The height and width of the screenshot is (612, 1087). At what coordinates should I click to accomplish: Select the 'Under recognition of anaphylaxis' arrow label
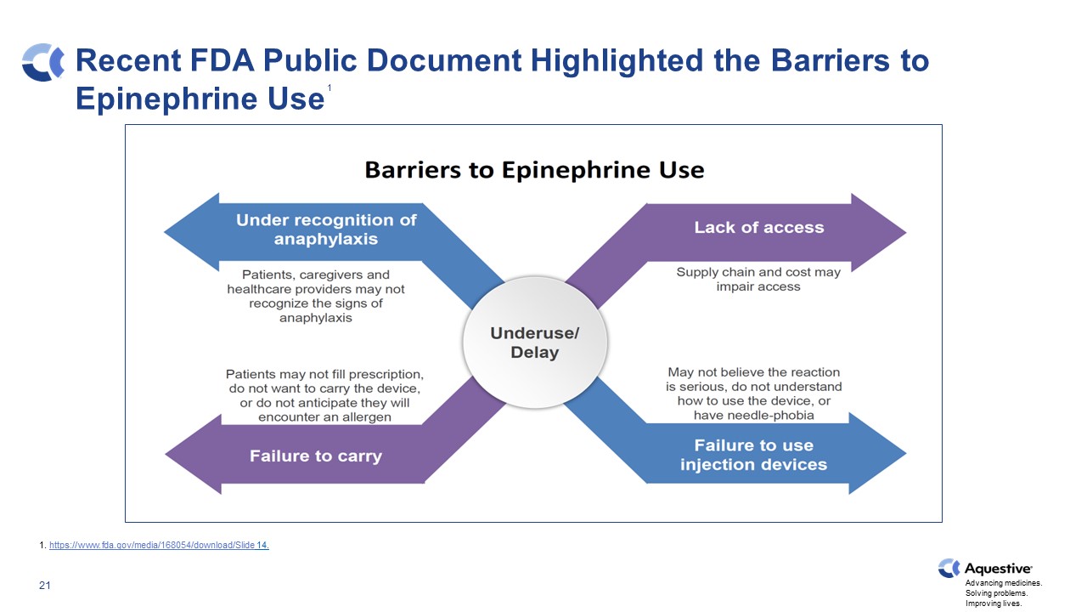point(326,229)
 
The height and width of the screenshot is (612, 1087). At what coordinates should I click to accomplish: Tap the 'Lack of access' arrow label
point(758,228)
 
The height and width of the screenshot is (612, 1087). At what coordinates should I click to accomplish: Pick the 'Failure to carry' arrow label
point(315,456)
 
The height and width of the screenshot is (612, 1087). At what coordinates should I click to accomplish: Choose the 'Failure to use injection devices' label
point(752,455)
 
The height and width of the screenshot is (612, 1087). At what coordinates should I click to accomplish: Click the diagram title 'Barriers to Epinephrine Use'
point(534,170)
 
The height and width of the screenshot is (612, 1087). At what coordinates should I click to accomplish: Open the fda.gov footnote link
point(159,546)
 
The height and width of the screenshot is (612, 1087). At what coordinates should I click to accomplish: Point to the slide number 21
point(46,586)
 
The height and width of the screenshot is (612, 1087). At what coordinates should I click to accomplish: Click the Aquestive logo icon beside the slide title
point(43,62)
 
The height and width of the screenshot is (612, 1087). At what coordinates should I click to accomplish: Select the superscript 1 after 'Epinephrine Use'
point(329,89)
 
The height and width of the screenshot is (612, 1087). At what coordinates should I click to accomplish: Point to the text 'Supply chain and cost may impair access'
point(758,280)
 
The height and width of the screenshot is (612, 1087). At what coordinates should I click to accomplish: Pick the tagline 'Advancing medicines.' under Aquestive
point(1004,584)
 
